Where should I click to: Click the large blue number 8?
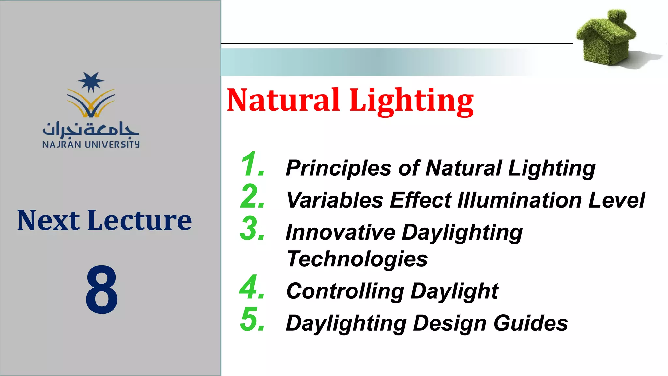[x=102, y=290]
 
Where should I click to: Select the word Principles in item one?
[x=338, y=168]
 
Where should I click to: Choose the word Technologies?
[x=357, y=259]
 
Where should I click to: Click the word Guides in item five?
[x=531, y=323]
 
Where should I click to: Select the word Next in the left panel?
[x=48, y=221]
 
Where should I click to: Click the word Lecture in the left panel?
[x=140, y=221]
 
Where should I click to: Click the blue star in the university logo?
[x=91, y=82]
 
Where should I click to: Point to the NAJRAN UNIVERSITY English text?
[x=91, y=144]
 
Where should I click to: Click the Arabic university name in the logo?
[x=91, y=130]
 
